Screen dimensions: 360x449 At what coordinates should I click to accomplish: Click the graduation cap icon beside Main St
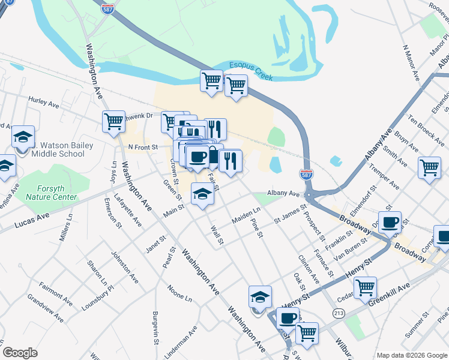pos(202,194)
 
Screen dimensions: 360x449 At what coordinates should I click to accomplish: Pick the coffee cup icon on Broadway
pos(390,223)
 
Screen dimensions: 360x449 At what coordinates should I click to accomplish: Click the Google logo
pos(20,353)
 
